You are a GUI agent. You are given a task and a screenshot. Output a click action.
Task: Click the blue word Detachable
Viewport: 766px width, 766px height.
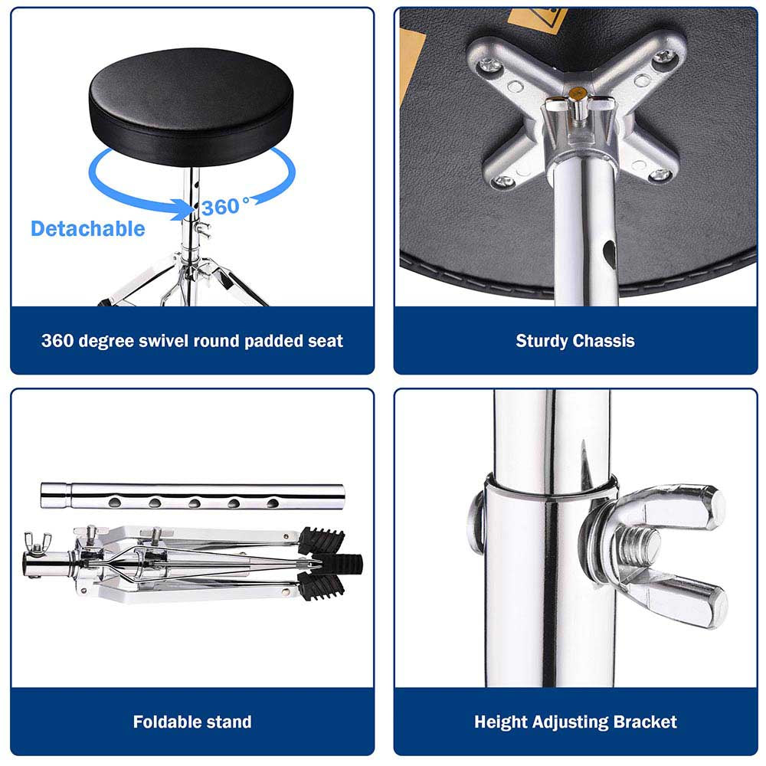(88, 228)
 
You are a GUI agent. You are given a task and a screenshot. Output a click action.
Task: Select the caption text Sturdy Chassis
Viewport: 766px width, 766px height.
(575, 341)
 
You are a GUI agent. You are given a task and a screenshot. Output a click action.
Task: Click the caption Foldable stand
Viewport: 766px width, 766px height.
(192, 722)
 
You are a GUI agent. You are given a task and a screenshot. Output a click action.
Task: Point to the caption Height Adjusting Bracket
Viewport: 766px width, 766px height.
(575, 722)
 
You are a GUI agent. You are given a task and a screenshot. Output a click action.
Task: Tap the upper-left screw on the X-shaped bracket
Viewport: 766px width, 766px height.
(488, 64)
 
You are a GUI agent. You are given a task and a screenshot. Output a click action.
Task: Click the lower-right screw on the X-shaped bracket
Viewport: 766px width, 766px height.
(660, 175)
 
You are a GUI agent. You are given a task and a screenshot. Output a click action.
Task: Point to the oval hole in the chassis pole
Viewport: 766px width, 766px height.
(609, 253)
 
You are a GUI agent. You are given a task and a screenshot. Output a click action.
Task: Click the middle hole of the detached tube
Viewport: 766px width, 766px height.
(195, 502)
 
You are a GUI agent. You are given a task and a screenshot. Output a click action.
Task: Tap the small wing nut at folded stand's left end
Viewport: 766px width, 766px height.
(38, 542)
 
